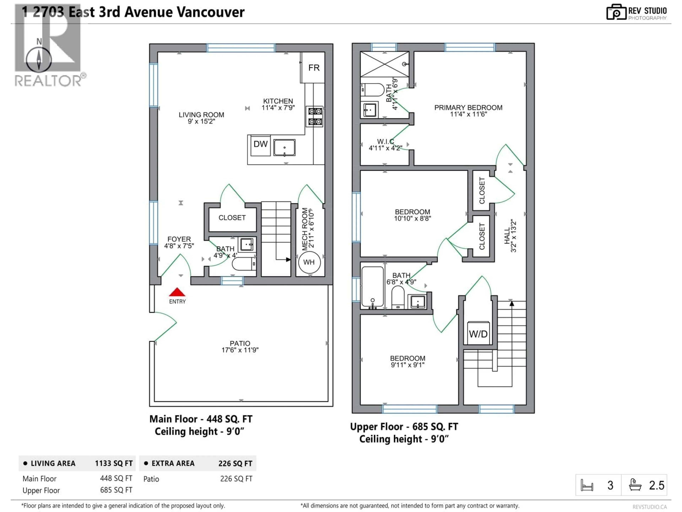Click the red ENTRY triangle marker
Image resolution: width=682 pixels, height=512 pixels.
coord(177,292)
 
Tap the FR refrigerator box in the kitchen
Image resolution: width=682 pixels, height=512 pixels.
coord(313,68)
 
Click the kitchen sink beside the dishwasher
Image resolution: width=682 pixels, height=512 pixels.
coord(284,148)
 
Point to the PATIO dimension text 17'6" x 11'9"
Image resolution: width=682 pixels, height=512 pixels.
coord(240,350)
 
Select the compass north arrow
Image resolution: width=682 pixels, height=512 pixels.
coord(39,59)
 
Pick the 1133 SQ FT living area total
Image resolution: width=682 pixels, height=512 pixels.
coord(113,463)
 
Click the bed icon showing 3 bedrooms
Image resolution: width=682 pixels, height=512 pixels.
coord(587,485)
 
